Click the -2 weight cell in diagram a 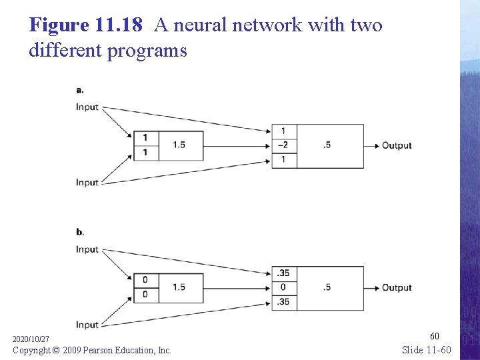(x=283, y=145)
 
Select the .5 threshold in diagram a (x=327, y=145)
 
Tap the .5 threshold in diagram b (x=327, y=287)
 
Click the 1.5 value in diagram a (x=179, y=145)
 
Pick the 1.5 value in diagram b (x=179, y=287)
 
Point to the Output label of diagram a (x=397, y=145)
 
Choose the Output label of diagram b (x=397, y=287)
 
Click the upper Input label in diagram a (x=87, y=107)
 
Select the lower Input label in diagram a (x=87, y=183)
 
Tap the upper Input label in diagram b (x=87, y=249)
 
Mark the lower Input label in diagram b (x=87, y=325)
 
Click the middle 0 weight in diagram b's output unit (x=283, y=287)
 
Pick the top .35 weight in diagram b (x=283, y=273)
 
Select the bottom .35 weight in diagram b (x=283, y=302)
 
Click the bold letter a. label (x=80, y=90)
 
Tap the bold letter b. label (x=80, y=232)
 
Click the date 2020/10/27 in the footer (x=31, y=340)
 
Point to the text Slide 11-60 (x=427, y=349)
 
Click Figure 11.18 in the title (x=86, y=25)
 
